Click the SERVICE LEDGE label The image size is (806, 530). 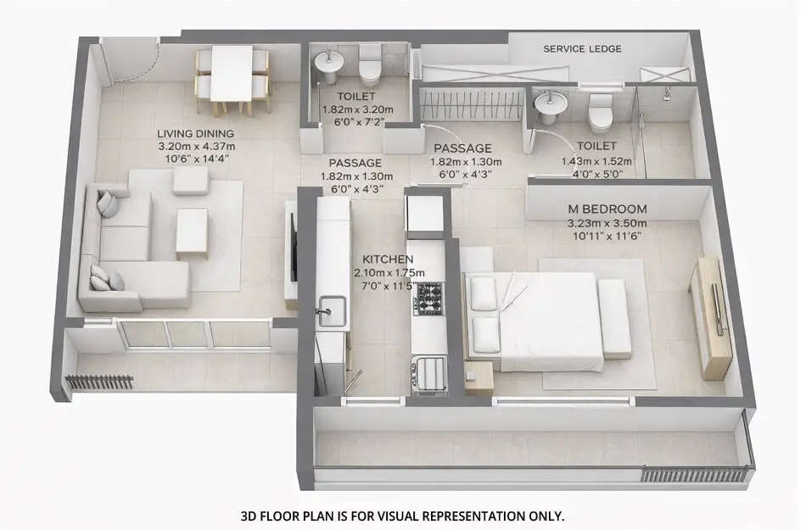(x=582, y=48)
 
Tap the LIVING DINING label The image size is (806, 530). (x=196, y=133)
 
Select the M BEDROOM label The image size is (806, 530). (x=607, y=209)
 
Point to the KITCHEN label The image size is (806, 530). (x=388, y=259)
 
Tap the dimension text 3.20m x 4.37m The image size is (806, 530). (x=196, y=146)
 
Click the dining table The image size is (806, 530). (x=232, y=73)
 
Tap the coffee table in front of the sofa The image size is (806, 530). (x=192, y=231)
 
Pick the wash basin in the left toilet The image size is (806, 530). (x=327, y=63)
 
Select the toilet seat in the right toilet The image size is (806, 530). (x=600, y=108)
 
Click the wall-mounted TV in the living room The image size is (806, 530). (x=294, y=248)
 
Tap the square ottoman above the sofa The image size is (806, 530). (x=190, y=180)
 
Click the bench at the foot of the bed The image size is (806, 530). (x=613, y=317)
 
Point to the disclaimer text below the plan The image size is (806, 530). (x=402, y=516)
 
